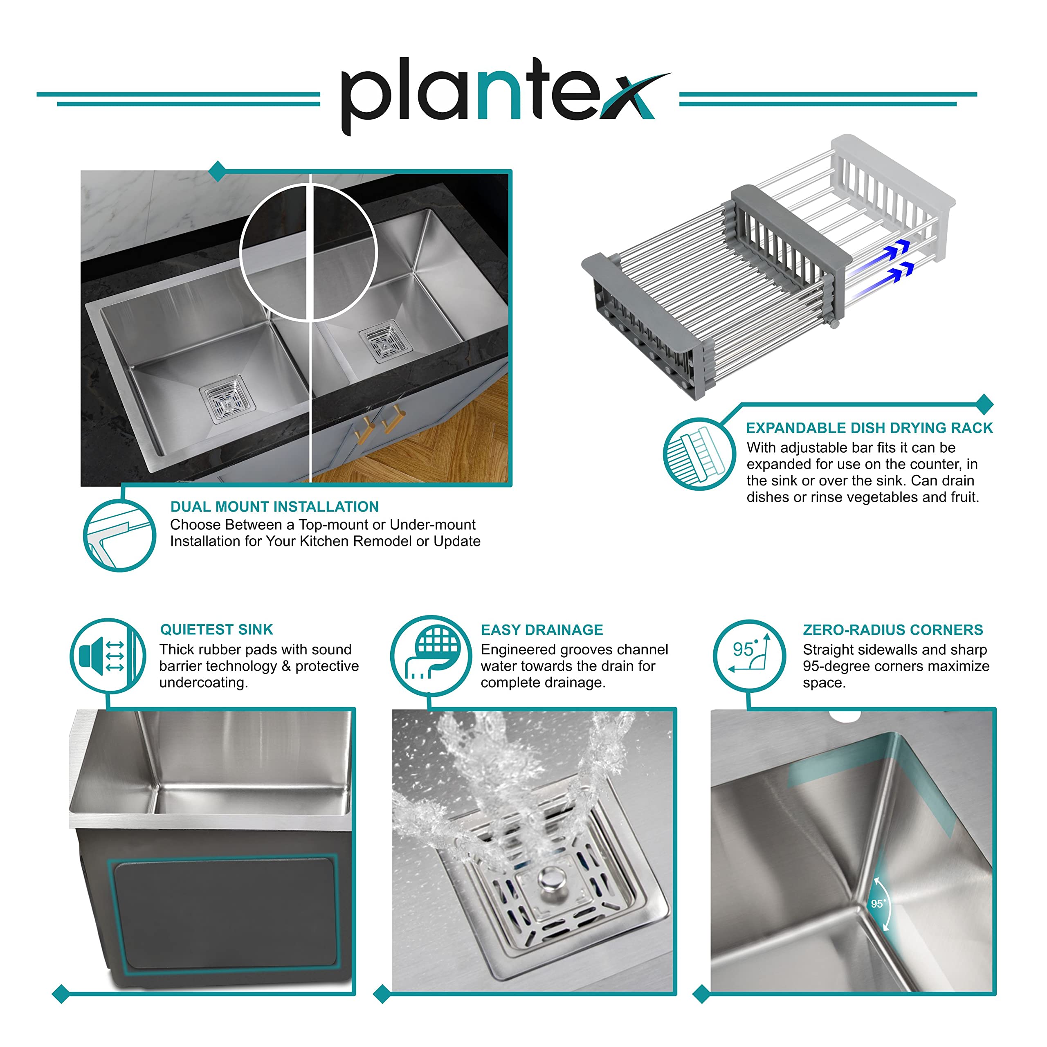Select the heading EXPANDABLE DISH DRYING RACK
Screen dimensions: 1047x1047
[869, 428]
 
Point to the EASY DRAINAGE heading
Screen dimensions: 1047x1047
[542, 630]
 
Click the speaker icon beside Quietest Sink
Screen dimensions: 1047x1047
[108, 656]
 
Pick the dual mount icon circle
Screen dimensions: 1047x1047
[120, 535]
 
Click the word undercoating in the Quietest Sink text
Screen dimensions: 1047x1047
[203, 683]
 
